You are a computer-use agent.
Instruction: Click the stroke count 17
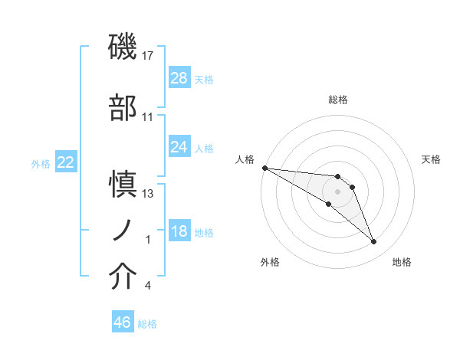pos(148,56)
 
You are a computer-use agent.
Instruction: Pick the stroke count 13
pos(148,194)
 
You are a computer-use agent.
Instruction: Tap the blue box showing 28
pos(179,78)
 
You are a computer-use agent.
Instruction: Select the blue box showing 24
pos(179,147)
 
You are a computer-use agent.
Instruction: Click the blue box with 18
pos(179,231)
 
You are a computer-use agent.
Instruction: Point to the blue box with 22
pos(66,162)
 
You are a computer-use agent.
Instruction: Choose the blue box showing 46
pos(123,322)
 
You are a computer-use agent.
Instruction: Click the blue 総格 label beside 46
pos(147,324)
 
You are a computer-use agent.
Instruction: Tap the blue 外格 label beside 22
pos(41,163)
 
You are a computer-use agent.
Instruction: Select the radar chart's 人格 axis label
pos(245,159)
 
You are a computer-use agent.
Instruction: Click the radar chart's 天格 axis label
pos(432,159)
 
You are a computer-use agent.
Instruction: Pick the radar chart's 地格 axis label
pos(402,262)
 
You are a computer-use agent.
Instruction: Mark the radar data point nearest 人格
pos(264,168)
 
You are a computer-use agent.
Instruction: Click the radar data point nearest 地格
pos(374,242)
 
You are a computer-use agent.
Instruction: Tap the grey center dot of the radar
pos(337,191)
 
